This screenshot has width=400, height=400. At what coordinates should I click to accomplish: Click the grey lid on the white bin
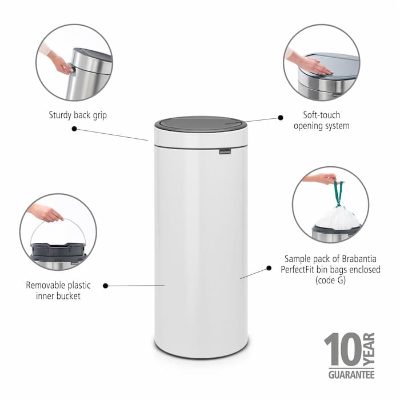click(x=200, y=124)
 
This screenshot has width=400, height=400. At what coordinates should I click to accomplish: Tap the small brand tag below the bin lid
click(x=225, y=152)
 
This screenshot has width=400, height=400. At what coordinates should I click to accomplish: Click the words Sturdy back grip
click(x=78, y=115)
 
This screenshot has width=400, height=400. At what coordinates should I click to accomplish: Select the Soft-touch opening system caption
click(x=321, y=120)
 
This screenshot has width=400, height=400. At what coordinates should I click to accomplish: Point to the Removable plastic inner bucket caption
click(x=58, y=290)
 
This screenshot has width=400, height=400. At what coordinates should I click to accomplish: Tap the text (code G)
click(x=330, y=280)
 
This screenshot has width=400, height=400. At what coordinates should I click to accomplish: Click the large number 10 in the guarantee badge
click(x=344, y=349)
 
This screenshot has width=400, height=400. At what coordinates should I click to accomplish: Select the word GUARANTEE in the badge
click(x=351, y=375)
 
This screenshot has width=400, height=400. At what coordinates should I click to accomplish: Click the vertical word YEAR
click(x=369, y=349)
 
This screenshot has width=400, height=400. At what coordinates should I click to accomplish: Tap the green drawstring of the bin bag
click(x=337, y=194)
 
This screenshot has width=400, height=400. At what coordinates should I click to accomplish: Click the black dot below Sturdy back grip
click(x=74, y=128)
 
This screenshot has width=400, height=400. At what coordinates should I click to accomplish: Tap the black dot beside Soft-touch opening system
click(x=281, y=117)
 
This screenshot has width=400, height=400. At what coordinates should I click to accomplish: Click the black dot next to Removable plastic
click(x=106, y=285)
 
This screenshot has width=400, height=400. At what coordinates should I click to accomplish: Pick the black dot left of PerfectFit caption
click(x=269, y=268)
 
